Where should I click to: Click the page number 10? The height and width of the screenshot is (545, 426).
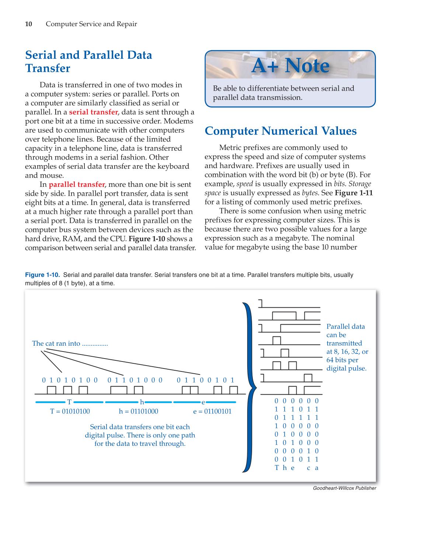point(28,24)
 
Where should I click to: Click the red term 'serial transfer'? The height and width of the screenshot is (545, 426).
point(93,112)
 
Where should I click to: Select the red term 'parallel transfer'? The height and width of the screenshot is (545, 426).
point(77,184)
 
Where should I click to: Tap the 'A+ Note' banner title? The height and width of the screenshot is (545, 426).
point(290,66)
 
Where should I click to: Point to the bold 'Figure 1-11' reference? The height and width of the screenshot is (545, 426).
point(353,193)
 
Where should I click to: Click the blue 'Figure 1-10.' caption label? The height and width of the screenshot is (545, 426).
point(42,275)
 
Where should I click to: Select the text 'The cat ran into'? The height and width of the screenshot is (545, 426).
point(56,343)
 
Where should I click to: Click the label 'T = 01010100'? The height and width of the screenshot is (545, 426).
point(70,411)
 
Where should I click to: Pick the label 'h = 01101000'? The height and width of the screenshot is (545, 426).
point(139,411)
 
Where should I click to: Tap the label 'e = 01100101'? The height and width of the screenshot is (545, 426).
point(212,411)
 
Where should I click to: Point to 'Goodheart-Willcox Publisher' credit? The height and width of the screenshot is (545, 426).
point(345,488)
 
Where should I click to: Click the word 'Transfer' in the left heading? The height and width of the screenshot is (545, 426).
point(48,69)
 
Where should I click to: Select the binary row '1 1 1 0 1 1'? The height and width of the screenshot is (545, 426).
point(296,409)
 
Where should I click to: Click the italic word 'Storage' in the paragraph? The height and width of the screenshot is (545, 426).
point(360,184)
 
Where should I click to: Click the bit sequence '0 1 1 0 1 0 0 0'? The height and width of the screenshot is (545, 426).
point(135,380)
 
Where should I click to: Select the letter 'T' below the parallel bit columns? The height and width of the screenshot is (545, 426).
point(277,468)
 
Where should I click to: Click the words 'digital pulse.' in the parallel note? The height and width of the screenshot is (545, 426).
point(346,368)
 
